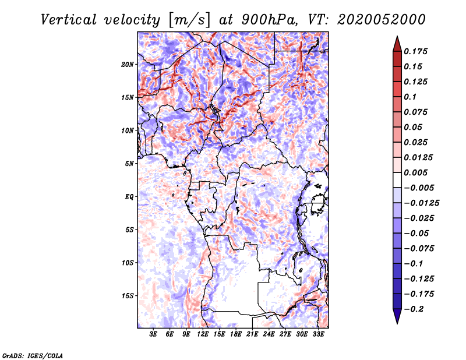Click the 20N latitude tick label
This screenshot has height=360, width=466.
click(x=128, y=64)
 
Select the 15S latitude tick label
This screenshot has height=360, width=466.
click(x=128, y=296)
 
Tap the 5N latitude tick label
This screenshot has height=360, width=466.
click(x=129, y=164)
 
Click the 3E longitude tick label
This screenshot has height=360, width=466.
click(x=154, y=334)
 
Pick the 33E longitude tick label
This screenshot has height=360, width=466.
click(x=319, y=334)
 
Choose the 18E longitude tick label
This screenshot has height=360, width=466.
click(x=236, y=334)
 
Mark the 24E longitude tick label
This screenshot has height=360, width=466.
click(x=269, y=334)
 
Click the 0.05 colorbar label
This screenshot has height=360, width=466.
click(x=414, y=127)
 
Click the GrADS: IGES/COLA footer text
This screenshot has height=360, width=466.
click(x=33, y=355)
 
